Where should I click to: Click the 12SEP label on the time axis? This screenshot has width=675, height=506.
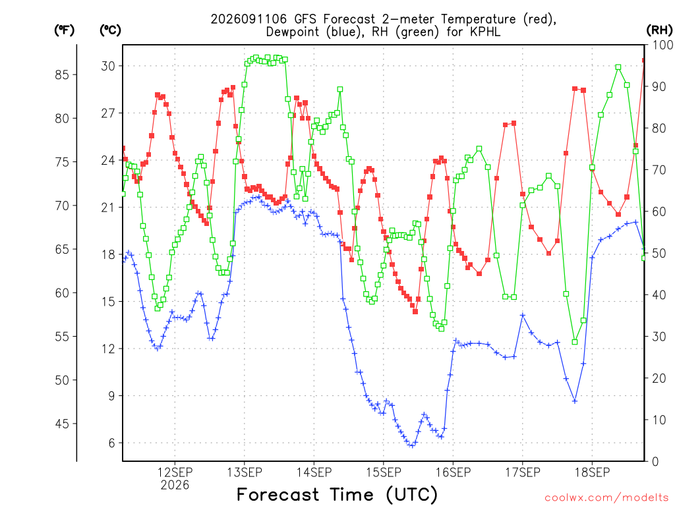(x=175, y=472)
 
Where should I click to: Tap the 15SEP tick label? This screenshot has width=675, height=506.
(x=384, y=472)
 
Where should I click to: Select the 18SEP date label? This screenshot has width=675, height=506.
(x=593, y=472)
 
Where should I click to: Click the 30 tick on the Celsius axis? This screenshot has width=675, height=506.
(x=108, y=66)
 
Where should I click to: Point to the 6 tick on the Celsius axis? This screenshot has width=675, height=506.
(x=111, y=443)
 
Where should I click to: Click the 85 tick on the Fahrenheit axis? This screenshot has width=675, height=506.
(x=62, y=74)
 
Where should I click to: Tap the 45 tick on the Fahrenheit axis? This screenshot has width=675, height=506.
(x=62, y=424)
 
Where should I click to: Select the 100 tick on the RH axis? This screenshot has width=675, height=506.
(x=662, y=45)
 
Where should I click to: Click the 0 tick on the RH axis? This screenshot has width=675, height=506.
(x=656, y=462)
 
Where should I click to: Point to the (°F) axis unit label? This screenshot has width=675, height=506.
(x=64, y=30)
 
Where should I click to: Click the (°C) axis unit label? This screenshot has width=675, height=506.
(x=110, y=30)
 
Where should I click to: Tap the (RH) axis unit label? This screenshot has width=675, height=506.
(x=659, y=30)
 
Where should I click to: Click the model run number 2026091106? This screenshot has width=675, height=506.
(x=249, y=19)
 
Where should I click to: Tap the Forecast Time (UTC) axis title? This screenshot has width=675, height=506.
(x=337, y=495)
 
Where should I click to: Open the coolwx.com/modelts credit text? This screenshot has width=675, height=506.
(x=606, y=498)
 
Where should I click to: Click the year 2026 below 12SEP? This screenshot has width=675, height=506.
(x=175, y=485)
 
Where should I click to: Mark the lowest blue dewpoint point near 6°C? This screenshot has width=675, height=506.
(x=412, y=446)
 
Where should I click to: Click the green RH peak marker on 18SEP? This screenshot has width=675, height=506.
(x=618, y=67)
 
